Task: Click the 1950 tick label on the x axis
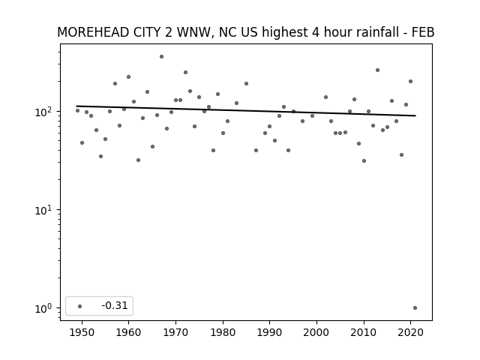click(82, 332)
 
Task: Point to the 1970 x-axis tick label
click(175, 332)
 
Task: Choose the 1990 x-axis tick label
click(270, 332)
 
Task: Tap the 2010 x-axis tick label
click(364, 332)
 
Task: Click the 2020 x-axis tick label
click(410, 332)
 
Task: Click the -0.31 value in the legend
click(115, 305)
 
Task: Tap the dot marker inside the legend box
click(80, 306)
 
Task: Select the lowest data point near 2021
click(415, 308)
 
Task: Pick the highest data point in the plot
click(162, 57)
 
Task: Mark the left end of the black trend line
click(76, 106)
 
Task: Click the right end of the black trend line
click(415, 115)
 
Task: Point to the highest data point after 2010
click(378, 70)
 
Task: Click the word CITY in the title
click(147, 32)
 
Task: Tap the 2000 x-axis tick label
click(316, 332)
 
